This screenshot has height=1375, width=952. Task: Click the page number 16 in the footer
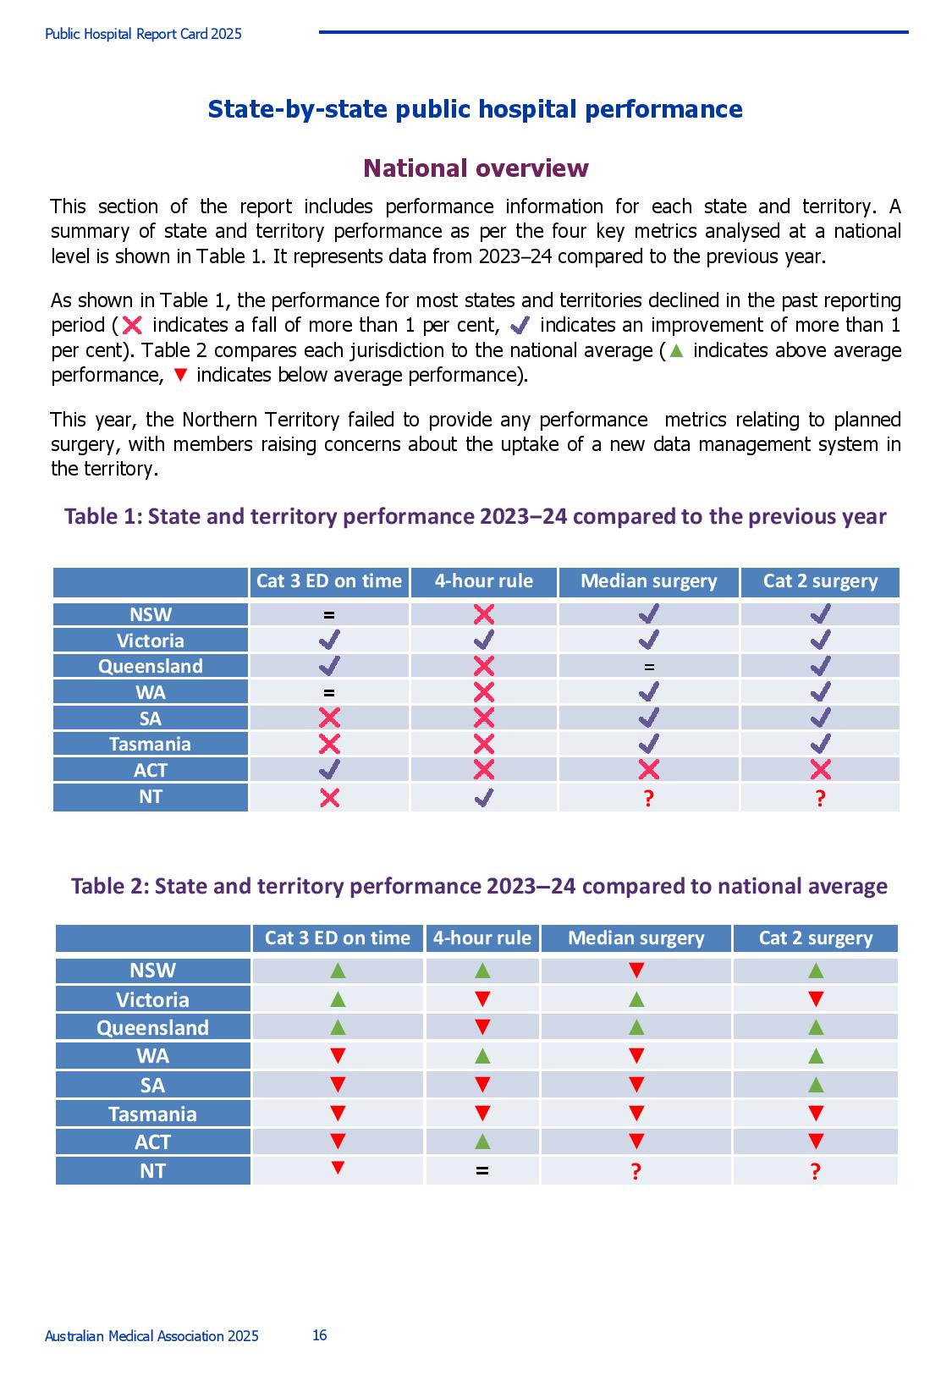pyautogui.click(x=319, y=1335)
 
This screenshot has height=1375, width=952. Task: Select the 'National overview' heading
pyautogui.click(x=476, y=168)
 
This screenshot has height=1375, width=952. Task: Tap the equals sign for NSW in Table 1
pyautogui.click(x=329, y=614)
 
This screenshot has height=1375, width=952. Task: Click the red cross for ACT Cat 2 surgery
pyautogui.click(x=820, y=769)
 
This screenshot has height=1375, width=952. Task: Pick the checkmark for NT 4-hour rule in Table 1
pyautogui.click(x=484, y=797)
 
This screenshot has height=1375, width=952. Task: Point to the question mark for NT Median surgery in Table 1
pyautogui.click(x=648, y=798)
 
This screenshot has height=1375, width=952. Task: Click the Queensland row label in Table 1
pyautogui.click(x=151, y=666)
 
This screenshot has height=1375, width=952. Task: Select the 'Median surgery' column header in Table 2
pyautogui.click(x=636, y=938)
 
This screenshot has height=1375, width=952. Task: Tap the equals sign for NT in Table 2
pyautogui.click(x=482, y=1170)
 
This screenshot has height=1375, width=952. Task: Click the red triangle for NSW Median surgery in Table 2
pyautogui.click(x=636, y=971)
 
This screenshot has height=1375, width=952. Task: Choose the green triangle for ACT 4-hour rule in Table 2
pyautogui.click(x=482, y=1141)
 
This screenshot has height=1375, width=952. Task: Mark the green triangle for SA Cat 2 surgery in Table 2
pyautogui.click(x=816, y=1085)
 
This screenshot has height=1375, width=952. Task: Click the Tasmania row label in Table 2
pyautogui.click(x=152, y=1114)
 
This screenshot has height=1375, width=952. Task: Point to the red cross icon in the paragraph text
pyautogui.click(x=132, y=325)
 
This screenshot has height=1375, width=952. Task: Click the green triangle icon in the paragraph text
pyautogui.click(x=676, y=350)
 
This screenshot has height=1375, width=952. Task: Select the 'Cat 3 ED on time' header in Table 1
pyautogui.click(x=329, y=580)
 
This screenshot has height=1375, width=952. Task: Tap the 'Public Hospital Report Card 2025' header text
pyautogui.click(x=143, y=34)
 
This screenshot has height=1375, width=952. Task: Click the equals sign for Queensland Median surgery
pyautogui.click(x=649, y=667)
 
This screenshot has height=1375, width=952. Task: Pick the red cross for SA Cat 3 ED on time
pyautogui.click(x=330, y=718)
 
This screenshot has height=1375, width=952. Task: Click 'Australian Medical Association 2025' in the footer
pyautogui.click(x=151, y=1336)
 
